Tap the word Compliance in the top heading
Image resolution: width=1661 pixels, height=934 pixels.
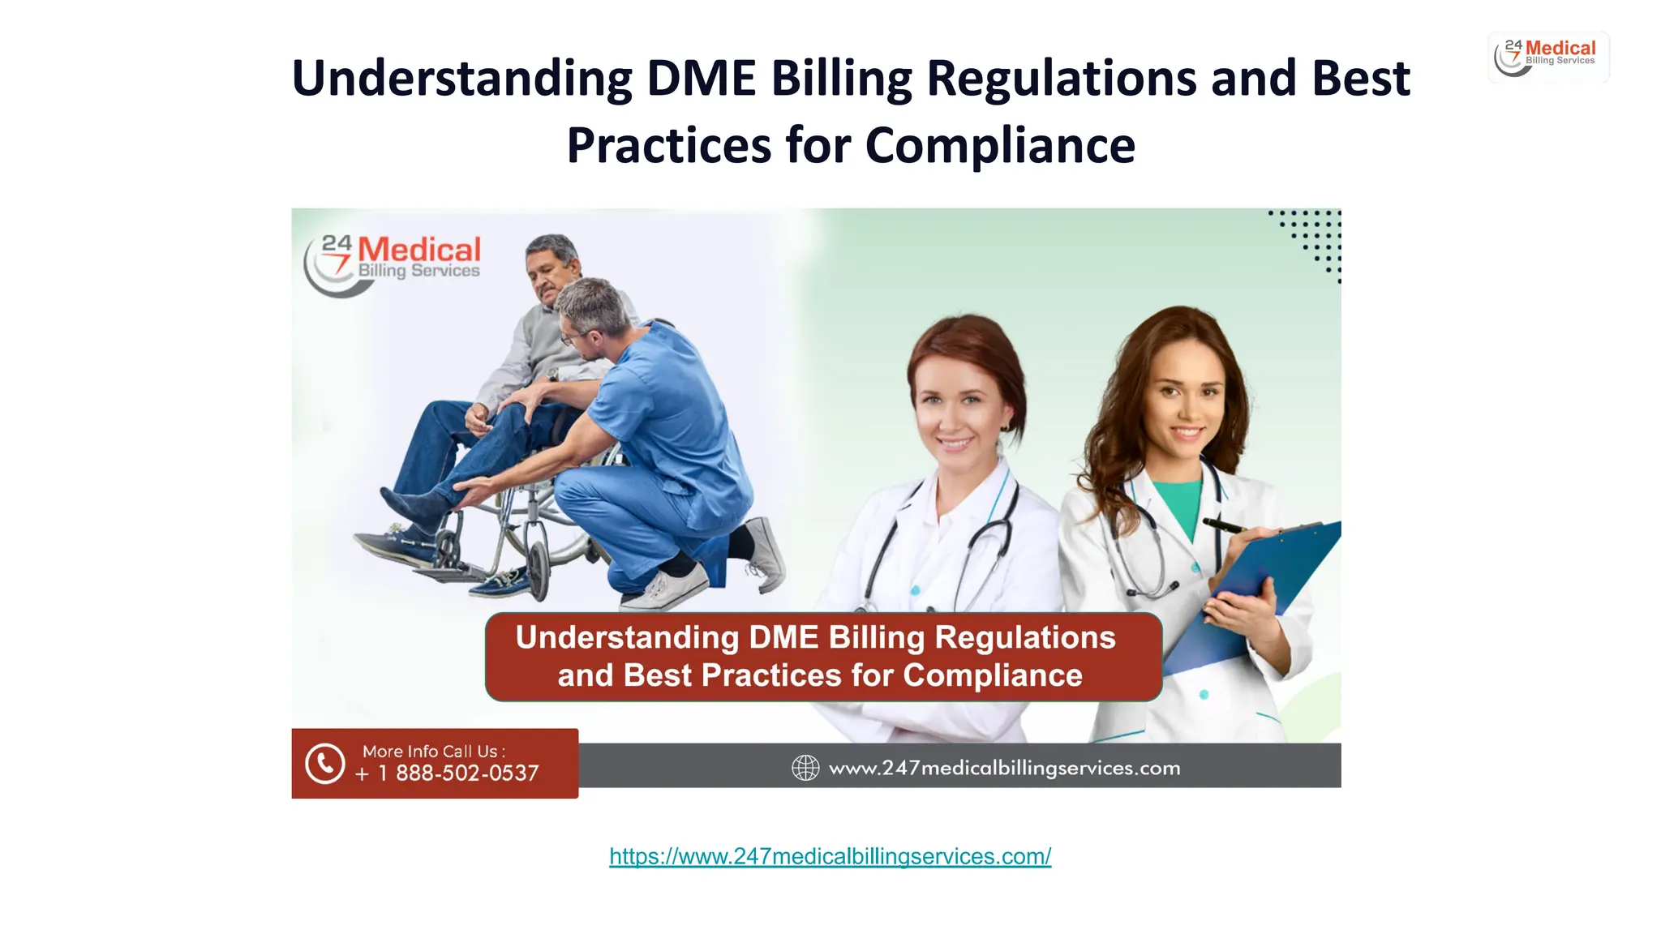[x=1000, y=146]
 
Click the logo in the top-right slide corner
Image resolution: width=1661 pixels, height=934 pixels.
[x=1547, y=57]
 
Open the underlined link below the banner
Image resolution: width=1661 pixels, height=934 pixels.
[x=830, y=856]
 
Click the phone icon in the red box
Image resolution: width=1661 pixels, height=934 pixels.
[x=325, y=764]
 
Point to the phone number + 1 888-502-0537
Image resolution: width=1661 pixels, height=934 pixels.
[x=447, y=773]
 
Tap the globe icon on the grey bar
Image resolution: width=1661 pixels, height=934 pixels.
[x=805, y=768]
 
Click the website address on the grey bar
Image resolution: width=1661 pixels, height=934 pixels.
[x=1004, y=768]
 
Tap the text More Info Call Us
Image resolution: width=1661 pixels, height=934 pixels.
[x=433, y=751]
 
